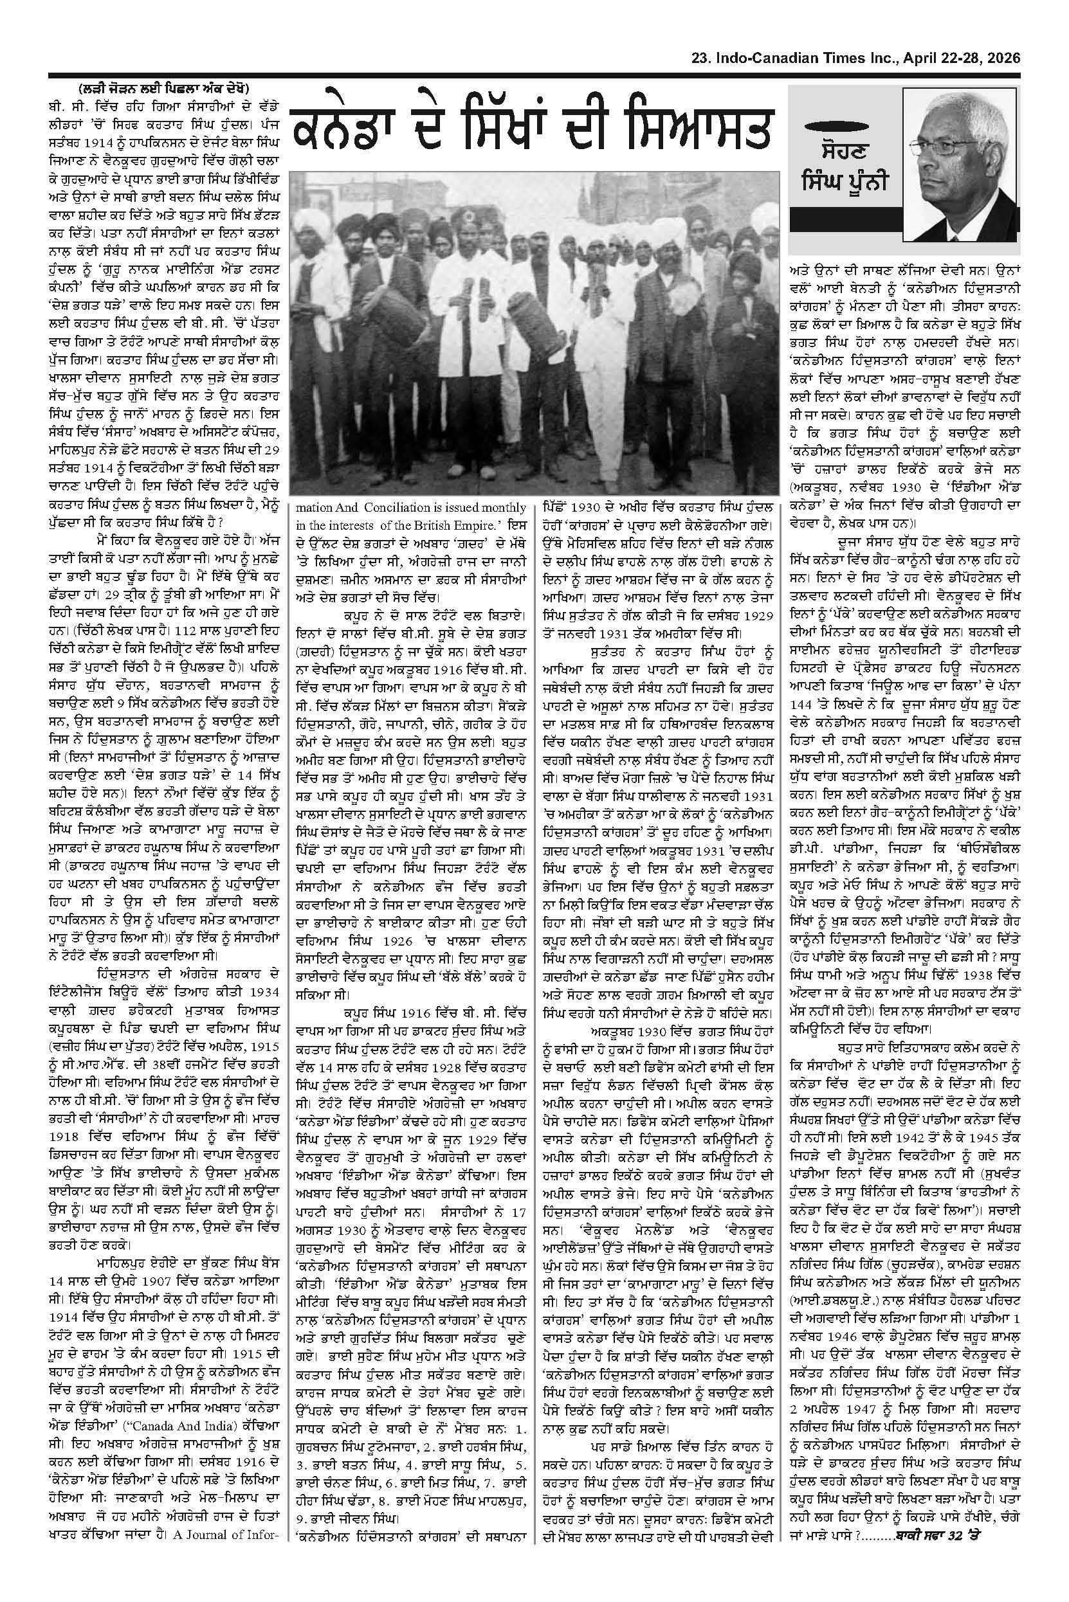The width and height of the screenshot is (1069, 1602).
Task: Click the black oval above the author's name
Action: point(840,128)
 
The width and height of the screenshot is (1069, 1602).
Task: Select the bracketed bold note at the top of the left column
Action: point(163,89)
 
